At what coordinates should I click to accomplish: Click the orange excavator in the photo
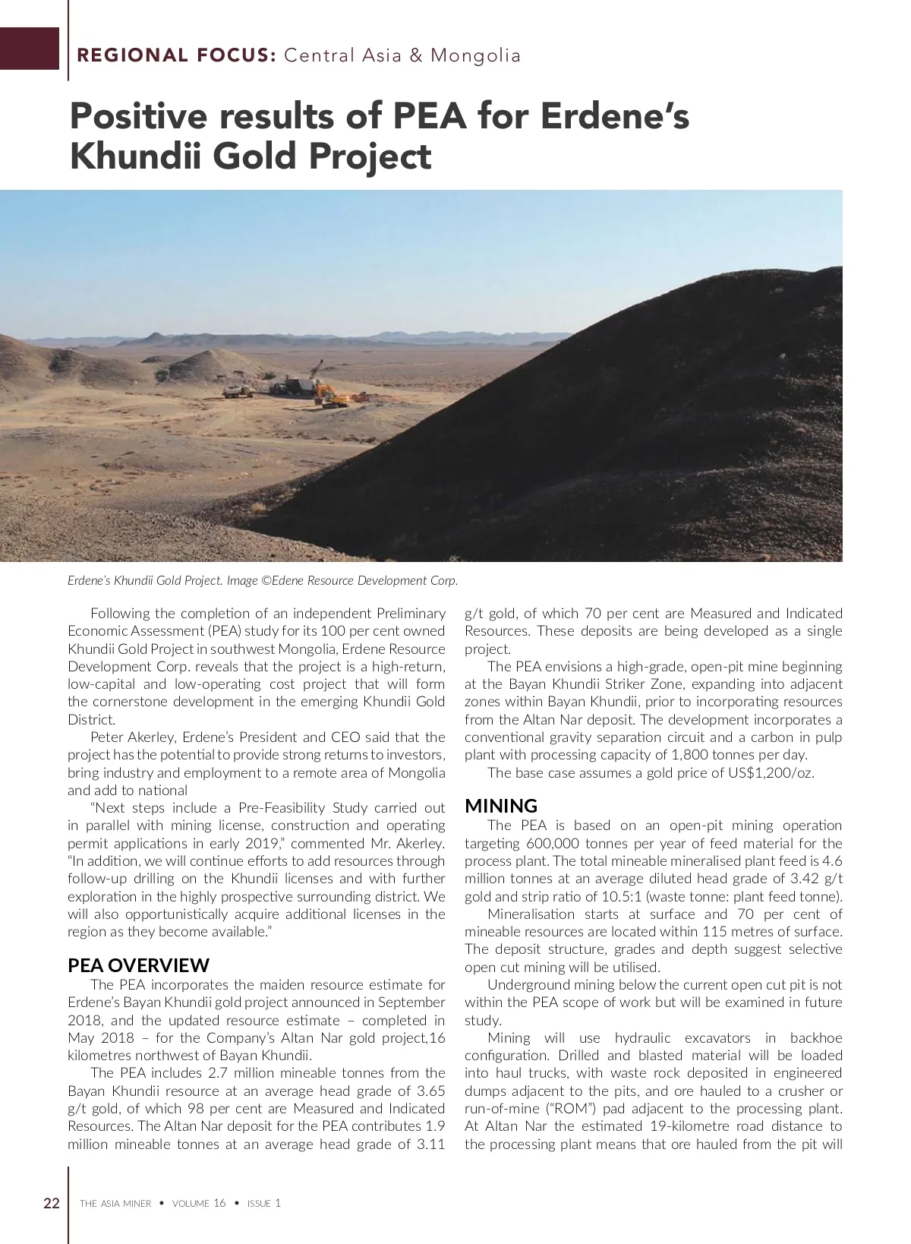(x=333, y=396)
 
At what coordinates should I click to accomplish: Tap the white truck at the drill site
(x=238, y=390)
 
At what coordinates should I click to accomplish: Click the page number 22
(x=52, y=1203)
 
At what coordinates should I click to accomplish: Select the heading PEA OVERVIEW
(x=138, y=965)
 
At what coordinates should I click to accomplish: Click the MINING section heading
(x=501, y=806)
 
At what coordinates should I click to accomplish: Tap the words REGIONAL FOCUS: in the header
(x=175, y=55)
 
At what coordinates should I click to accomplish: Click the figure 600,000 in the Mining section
(x=553, y=843)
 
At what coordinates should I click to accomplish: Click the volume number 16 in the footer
(x=219, y=1203)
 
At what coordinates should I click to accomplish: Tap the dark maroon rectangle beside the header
(x=29, y=49)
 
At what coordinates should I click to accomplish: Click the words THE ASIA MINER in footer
(x=115, y=1204)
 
